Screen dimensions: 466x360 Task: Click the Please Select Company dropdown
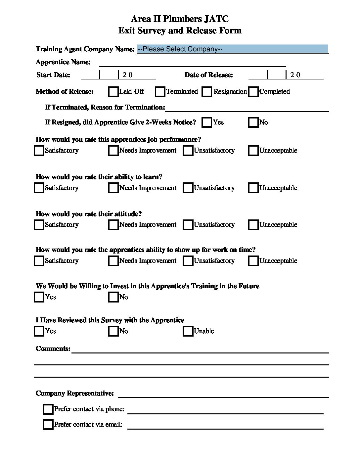pos(232,49)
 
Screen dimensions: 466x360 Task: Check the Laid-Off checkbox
pos(113,92)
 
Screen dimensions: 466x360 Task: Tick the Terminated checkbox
pos(160,92)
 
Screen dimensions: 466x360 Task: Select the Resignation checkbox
pos(207,92)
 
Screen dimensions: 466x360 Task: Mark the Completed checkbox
pos(253,92)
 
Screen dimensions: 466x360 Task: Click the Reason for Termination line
pos(247,108)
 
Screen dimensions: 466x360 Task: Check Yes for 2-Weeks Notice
pos(207,122)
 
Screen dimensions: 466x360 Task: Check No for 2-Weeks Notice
pos(253,122)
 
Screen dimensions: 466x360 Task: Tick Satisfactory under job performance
pos(39,151)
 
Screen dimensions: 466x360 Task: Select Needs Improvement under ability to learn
pos(113,188)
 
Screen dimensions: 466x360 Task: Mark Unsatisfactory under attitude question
pos(188,225)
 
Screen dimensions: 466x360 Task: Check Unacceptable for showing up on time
pos(253,261)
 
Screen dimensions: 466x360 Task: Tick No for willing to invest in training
pos(113,297)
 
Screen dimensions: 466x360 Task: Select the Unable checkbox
pos(188,331)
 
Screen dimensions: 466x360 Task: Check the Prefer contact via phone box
pos(48,409)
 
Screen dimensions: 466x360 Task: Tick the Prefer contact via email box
pos(48,425)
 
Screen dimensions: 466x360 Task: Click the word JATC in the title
pos(216,19)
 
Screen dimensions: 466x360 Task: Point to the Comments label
pos(53,349)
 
